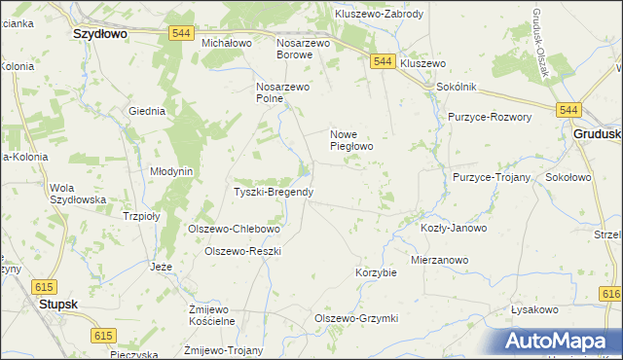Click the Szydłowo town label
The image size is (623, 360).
[103, 32]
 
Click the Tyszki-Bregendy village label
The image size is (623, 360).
[274, 192]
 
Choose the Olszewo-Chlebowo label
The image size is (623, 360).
[234, 230]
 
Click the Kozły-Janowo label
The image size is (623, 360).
[453, 228]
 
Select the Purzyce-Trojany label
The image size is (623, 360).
[491, 178]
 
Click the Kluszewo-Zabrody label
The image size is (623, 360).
[379, 15]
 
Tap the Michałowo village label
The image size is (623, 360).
[227, 44]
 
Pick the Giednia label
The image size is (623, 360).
[147, 111]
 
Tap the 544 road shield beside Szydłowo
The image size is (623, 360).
[179, 32]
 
